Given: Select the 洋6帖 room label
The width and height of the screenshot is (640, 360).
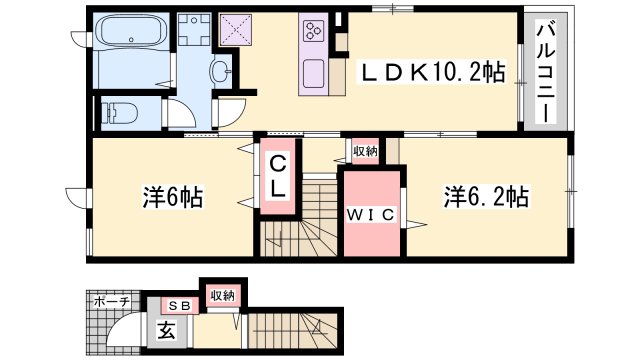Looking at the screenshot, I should coord(172,197).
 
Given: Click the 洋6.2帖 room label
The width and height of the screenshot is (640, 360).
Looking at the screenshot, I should coord(486,197).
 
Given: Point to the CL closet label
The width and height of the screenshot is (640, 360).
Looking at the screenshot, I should coord(279,177).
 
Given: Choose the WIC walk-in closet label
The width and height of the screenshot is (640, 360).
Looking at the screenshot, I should coord(372,214).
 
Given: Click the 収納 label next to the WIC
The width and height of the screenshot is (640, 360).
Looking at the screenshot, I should coord(364,151).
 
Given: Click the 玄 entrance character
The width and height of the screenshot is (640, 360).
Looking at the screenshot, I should coord(165,328).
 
